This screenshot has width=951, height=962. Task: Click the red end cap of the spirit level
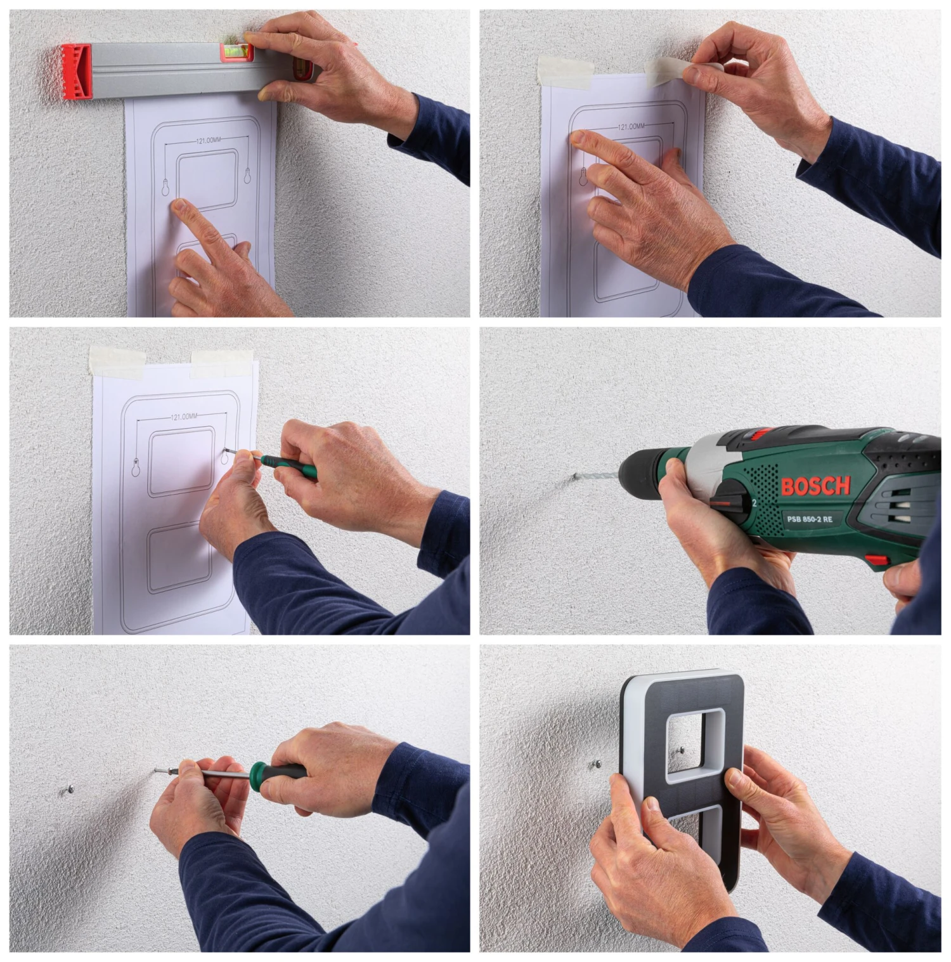click(x=77, y=72)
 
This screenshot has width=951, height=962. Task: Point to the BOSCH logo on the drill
click(x=815, y=486)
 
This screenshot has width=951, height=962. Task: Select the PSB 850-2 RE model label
click(x=810, y=519)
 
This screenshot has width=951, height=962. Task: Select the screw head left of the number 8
click(x=597, y=765)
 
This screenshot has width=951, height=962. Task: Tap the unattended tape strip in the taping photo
click(x=565, y=70)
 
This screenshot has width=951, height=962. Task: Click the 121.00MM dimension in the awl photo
click(x=184, y=417)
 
